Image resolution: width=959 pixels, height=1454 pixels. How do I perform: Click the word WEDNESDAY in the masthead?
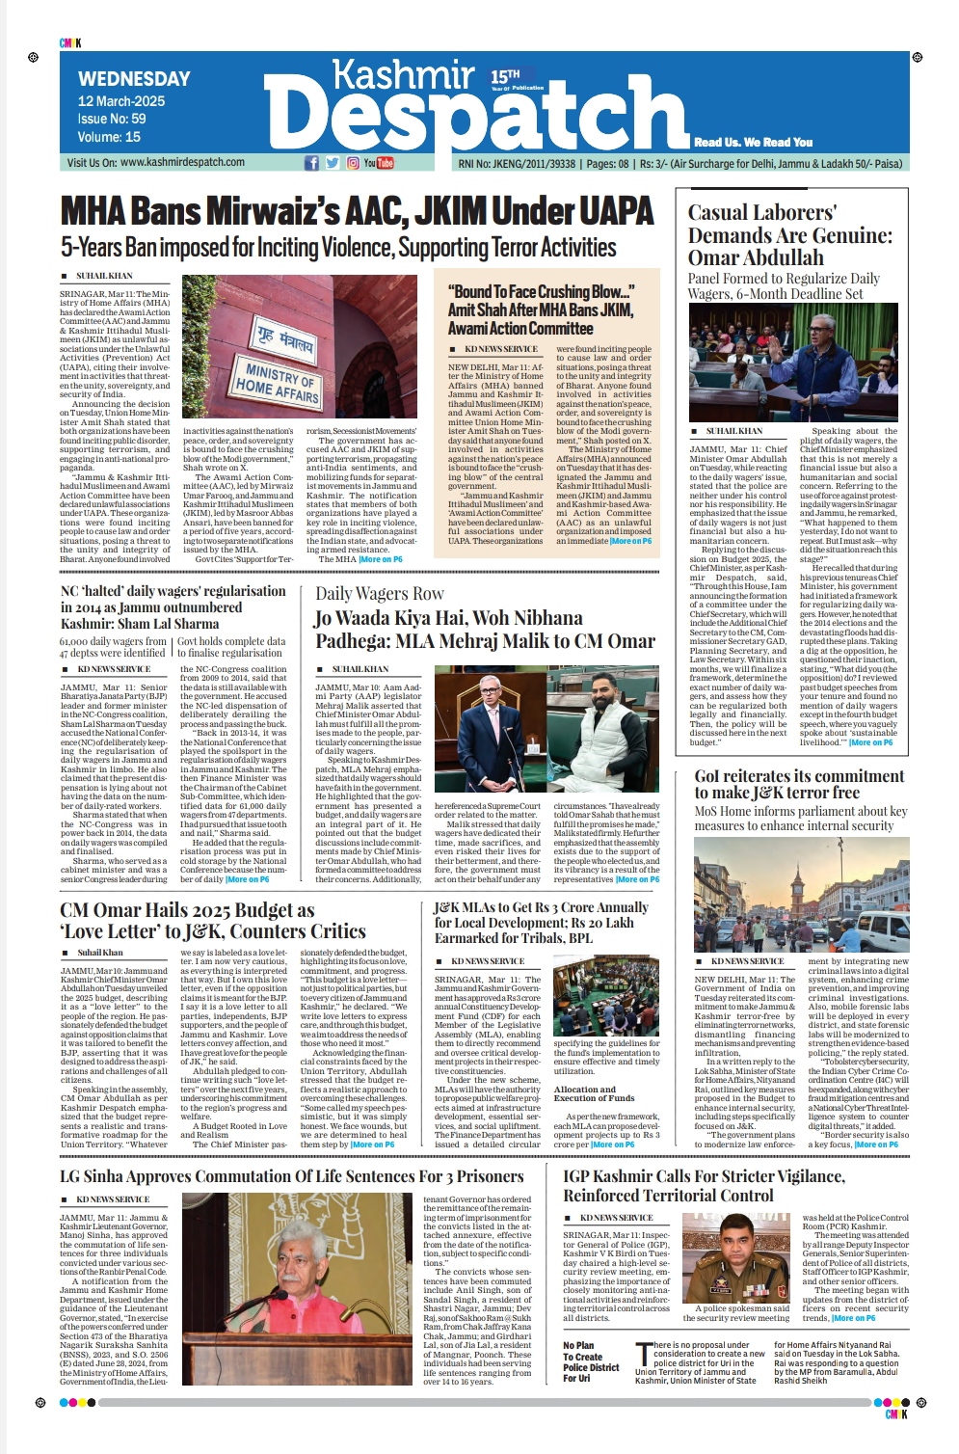134,79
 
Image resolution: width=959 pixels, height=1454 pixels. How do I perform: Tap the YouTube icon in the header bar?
379,163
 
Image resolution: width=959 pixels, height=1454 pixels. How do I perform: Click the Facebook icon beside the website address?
311,163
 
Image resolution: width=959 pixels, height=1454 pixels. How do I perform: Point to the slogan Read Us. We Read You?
753,142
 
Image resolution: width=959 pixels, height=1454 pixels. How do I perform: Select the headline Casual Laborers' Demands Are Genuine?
789,234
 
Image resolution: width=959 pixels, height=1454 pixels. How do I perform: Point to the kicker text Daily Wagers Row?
380,594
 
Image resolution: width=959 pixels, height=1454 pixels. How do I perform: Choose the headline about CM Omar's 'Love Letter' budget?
212,921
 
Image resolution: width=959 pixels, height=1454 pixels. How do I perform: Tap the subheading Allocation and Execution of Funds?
594,1093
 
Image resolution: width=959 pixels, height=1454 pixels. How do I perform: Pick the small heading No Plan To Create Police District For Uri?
591,1361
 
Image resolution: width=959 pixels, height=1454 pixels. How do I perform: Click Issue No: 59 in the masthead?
112,119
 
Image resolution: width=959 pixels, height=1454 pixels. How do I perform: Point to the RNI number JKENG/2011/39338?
530,164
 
